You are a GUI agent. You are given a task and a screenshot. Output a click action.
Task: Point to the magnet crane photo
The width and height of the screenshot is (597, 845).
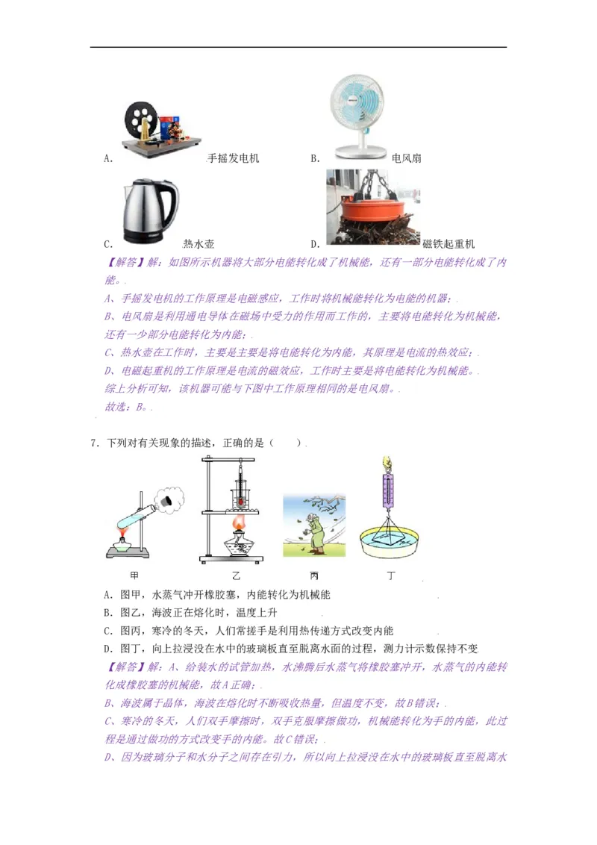click(373, 208)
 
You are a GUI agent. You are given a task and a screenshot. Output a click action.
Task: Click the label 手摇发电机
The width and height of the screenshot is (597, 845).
click(233, 158)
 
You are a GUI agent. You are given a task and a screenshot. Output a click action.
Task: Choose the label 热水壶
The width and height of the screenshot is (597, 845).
click(199, 243)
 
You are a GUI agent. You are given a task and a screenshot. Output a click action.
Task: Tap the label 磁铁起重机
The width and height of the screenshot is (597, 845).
click(448, 243)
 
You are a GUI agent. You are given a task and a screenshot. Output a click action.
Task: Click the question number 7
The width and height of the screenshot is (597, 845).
click(93, 443)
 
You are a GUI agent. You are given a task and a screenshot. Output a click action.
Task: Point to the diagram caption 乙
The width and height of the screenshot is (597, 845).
click(237, 575)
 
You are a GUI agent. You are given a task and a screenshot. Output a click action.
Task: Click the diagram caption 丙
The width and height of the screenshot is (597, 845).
click(313, 575)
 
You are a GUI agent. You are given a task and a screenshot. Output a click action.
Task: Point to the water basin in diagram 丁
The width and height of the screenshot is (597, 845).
click(388, 545)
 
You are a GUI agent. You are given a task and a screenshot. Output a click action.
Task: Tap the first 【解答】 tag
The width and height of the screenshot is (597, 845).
click(122, 263)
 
